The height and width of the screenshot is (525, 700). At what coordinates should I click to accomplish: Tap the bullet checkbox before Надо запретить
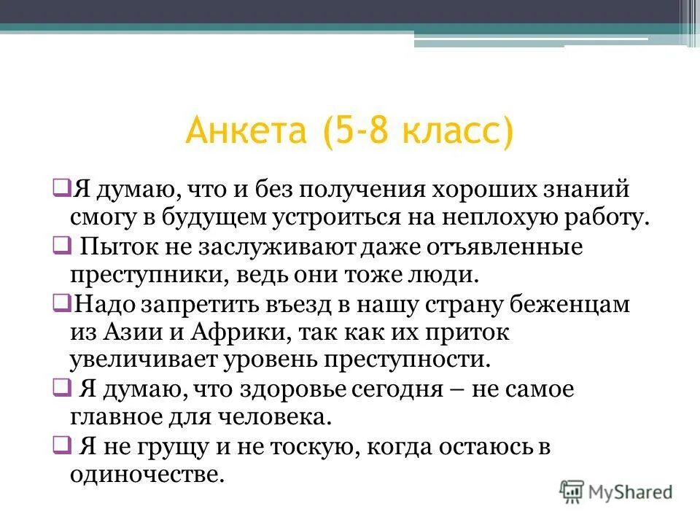pos(61,301)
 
